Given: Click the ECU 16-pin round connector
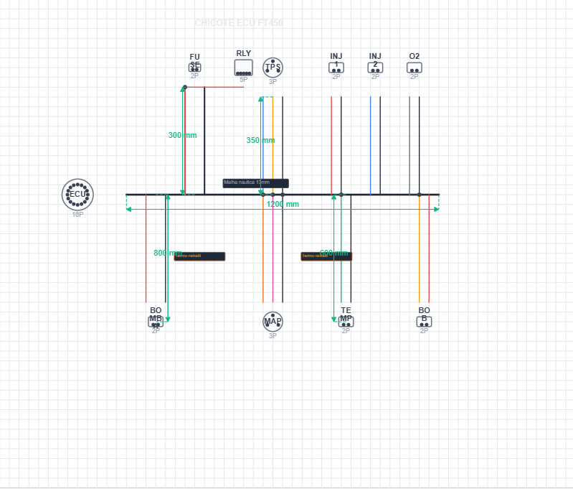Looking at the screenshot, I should coord(77,194).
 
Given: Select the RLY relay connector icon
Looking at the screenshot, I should coord(244,67).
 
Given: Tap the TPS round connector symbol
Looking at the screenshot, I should coord(273,67).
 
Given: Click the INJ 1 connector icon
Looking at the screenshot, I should coord(336,67).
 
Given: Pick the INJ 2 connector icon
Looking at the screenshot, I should coord(375,67).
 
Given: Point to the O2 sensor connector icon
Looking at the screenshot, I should coord(415,67).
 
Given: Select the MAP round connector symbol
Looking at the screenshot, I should coord(273,321).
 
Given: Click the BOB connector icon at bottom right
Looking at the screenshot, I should coord(424,322).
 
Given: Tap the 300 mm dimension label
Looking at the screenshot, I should coord(182,135).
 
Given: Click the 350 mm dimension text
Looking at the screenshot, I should coord(260,140).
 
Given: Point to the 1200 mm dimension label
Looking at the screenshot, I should coord(283,204).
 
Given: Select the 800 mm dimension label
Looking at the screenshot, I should coord(167,253).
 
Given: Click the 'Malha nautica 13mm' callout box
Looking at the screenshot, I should coord(255,183).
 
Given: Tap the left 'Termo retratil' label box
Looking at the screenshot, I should coord(199,256).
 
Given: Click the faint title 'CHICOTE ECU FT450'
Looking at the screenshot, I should coord(239,23).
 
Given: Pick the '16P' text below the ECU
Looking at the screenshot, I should coord(77,214).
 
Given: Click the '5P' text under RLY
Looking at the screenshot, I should coord(244,80).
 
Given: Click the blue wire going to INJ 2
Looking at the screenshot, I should coord(371,144).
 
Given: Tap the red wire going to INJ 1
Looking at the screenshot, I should coord(331,144).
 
